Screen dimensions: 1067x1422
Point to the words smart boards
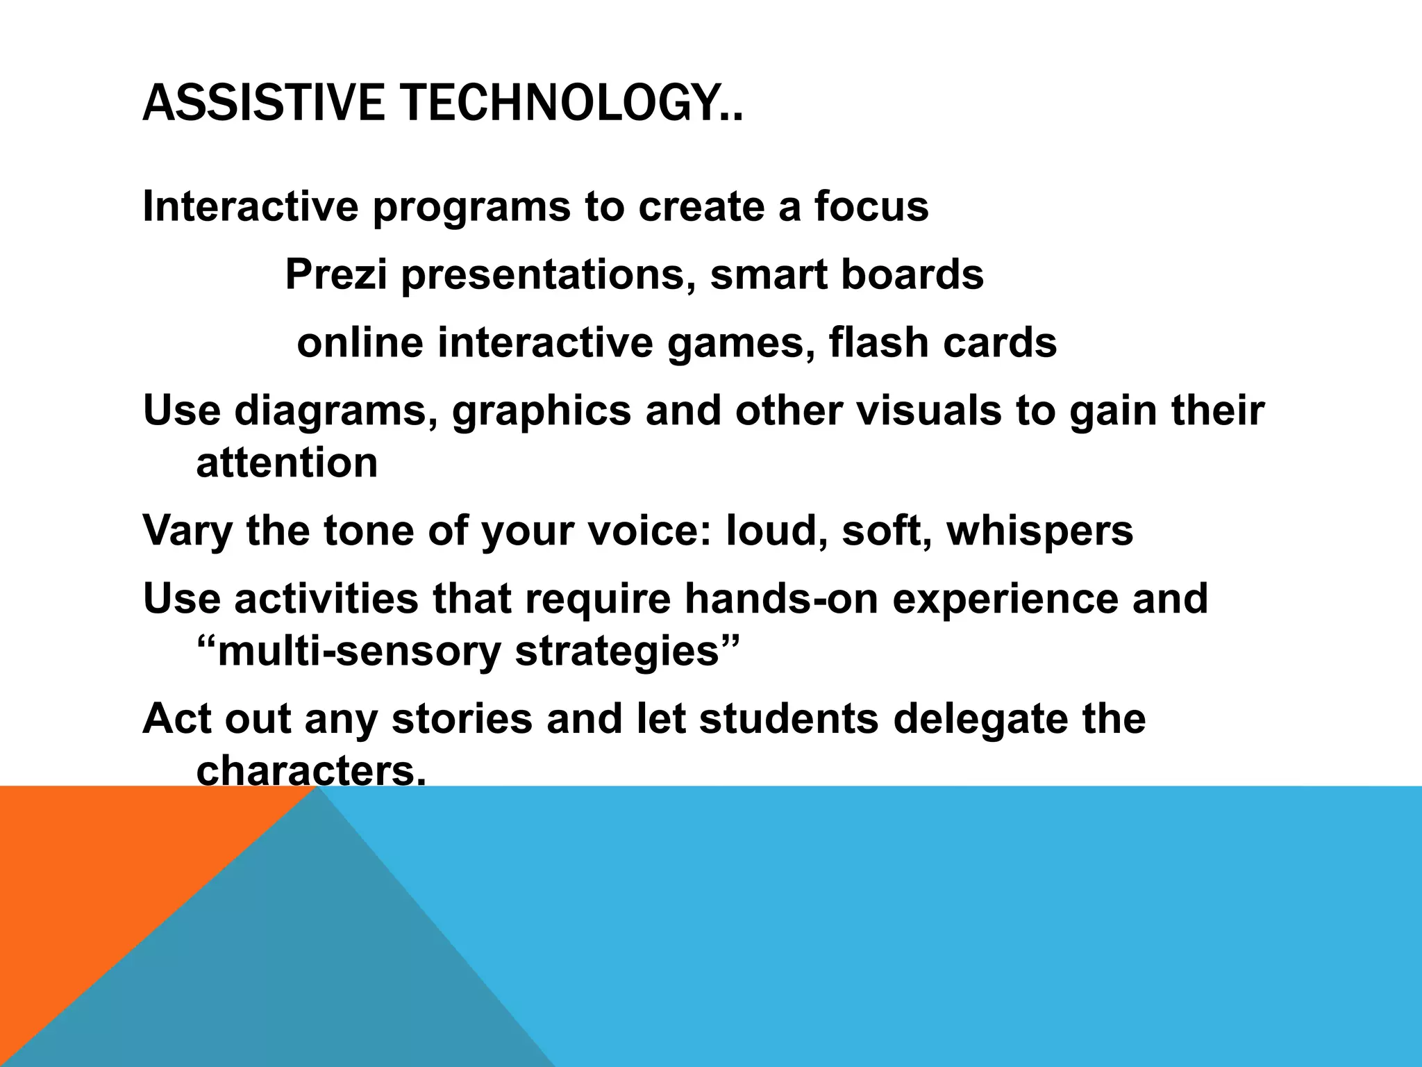[x=846, y=274]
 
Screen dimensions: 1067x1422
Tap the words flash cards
[x=942, y=343]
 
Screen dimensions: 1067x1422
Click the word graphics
[x=542, y=412]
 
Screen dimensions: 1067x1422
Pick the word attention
[x=287, y=463]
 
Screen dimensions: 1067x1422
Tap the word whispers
[x=1039, y=531]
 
